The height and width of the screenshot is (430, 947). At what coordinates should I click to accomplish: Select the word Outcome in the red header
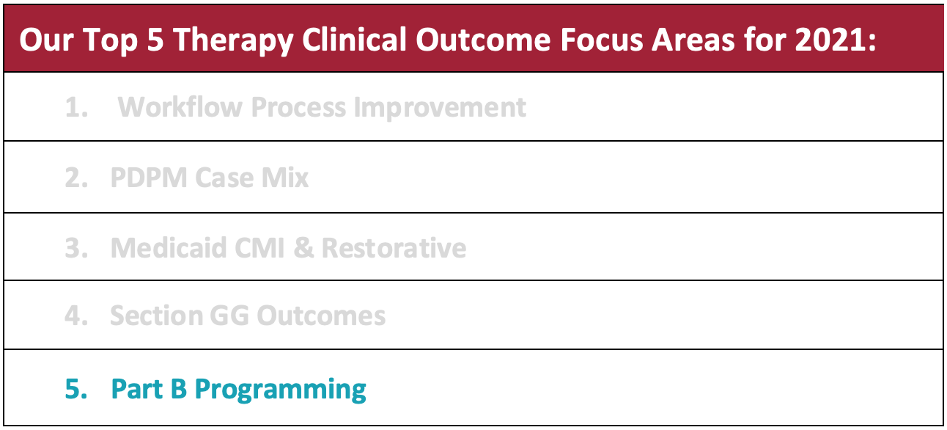tap(483, 40)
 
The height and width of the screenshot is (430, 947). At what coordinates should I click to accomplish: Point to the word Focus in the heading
tap(602, 40)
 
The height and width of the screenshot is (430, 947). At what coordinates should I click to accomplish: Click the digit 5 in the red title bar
tap(155, 40)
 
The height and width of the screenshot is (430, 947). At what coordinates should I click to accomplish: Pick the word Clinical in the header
tap(354, 40)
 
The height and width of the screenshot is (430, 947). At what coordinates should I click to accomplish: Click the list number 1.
tap(76, 107)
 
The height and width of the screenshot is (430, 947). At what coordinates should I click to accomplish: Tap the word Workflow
tap(180, 106)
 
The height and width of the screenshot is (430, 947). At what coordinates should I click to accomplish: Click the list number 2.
tap(76, 178)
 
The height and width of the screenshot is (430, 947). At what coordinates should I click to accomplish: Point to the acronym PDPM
tap(149, 178)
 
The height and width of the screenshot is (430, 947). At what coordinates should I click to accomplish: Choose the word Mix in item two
tap(285, 178)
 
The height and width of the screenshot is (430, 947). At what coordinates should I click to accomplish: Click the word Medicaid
tap(169, 247)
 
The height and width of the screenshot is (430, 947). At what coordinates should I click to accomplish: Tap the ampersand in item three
tap(303, 247)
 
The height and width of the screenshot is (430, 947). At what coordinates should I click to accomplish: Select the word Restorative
tap(394, 247)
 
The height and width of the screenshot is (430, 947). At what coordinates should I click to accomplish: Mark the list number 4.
tap(76, 316)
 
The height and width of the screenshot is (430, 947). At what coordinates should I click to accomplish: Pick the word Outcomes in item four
tap(321, 316)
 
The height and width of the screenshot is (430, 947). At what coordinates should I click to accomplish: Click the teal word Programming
tap(280, 390)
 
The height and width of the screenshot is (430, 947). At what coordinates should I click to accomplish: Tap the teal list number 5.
tap(76, 389)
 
